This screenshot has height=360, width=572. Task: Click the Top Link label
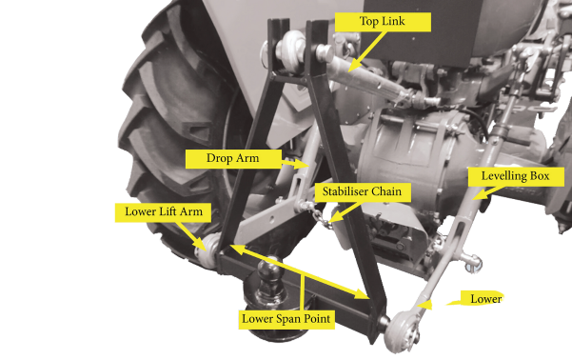tap(383, 22)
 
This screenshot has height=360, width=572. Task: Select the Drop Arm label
tap(233, 159)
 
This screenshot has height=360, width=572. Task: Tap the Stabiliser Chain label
tap(363, 192)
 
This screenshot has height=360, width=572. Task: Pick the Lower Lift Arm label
tap(163, 212)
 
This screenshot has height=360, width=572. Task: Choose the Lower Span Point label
tap(286, 319)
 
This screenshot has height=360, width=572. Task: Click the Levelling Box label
tap(516, 176)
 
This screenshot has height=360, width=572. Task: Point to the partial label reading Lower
tap(485, 299)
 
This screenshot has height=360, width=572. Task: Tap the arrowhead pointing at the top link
tap(352, 66)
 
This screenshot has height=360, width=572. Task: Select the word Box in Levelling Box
tap(540, 176)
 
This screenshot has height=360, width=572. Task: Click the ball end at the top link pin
tap(291, 47)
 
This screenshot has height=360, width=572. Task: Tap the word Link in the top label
tap(394, 21)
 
